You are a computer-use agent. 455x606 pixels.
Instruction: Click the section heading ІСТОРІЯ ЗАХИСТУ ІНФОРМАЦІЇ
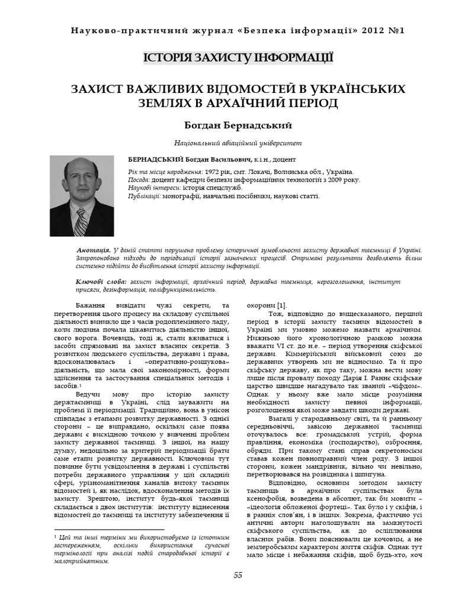click(238, 58)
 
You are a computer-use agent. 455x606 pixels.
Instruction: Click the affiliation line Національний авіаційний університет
click(238, 143)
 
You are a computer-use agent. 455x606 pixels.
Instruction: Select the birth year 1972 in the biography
click(212, 171)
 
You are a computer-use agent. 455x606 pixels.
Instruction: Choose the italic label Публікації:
click(145, 196)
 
